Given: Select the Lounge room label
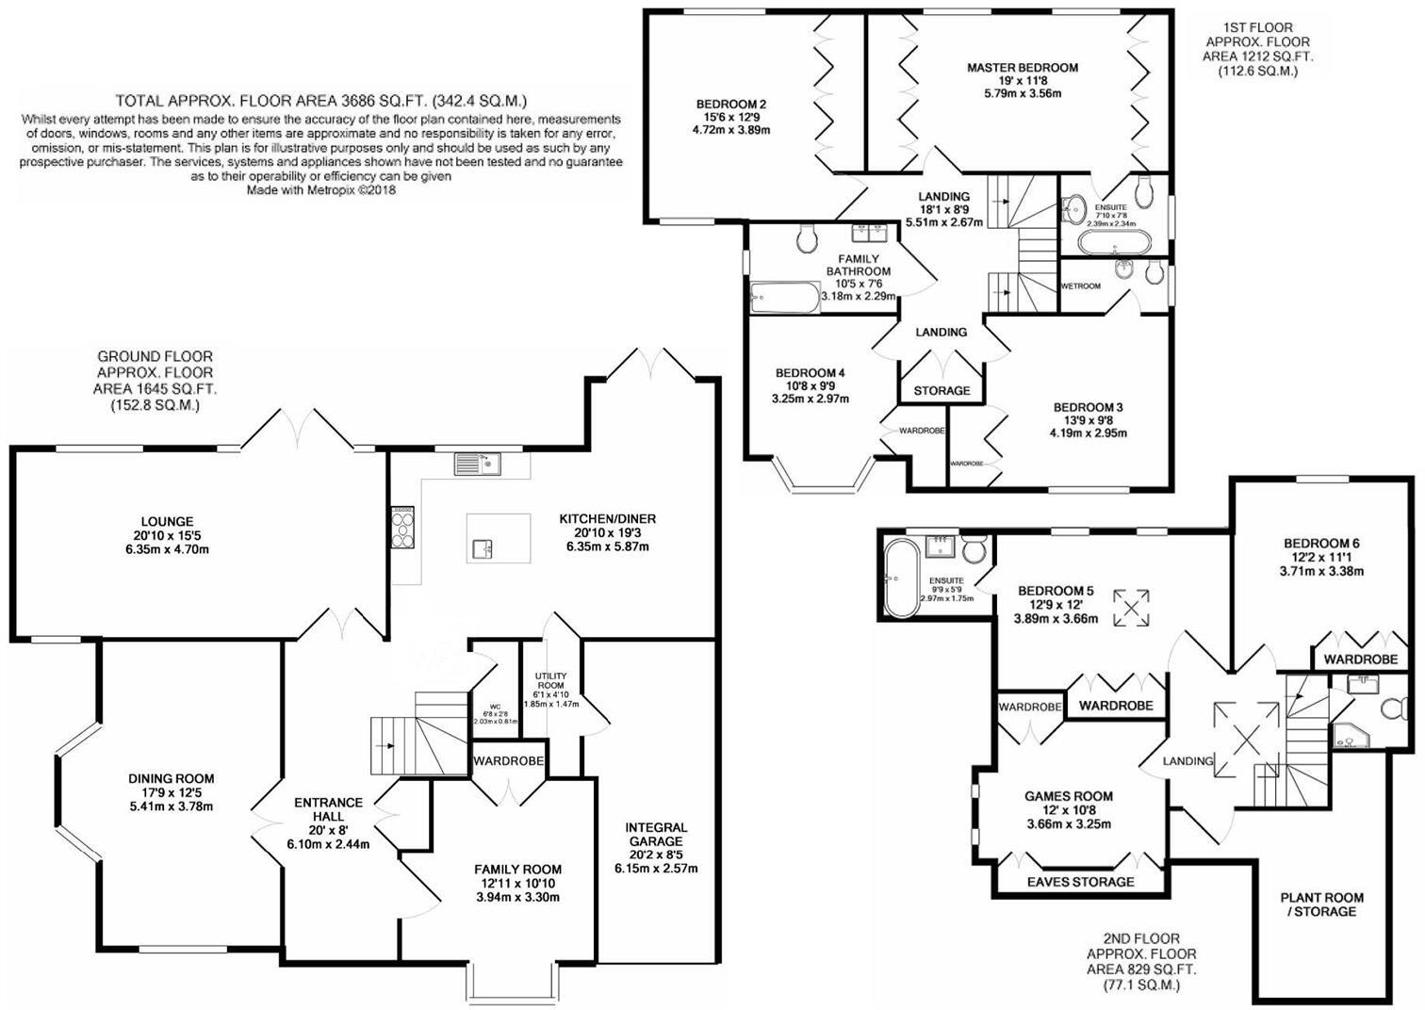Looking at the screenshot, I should click(167, 521).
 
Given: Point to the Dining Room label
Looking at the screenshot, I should click(172, 778).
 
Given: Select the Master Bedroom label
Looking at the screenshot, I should click(1023, 68).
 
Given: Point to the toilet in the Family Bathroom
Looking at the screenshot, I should click(807, 240).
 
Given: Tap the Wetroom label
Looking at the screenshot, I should click(1080, 285).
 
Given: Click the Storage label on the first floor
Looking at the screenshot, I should click(942, 390).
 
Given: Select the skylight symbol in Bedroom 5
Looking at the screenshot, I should click(1131, 607).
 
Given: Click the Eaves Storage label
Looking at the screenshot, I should click(1080, 882).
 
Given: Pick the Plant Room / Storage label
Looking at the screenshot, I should click(1321, 904).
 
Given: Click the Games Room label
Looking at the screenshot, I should click(1069, 796).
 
